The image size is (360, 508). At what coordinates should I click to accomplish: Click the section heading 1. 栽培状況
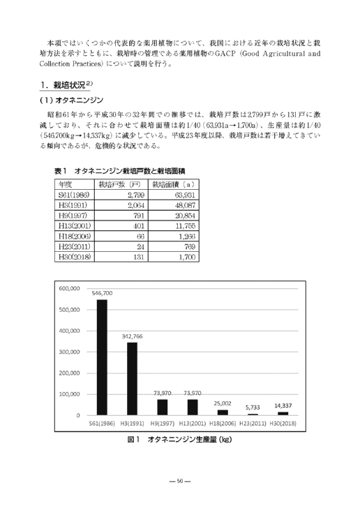(x=64, y=86)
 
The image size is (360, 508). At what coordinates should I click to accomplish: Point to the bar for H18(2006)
(x=223, y=412)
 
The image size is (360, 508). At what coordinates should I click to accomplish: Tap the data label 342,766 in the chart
(x=133, y=336)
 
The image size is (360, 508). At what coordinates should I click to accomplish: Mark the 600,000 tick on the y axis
(x=72, y=287)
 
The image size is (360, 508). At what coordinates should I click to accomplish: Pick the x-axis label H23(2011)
(x=253, y=424)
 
